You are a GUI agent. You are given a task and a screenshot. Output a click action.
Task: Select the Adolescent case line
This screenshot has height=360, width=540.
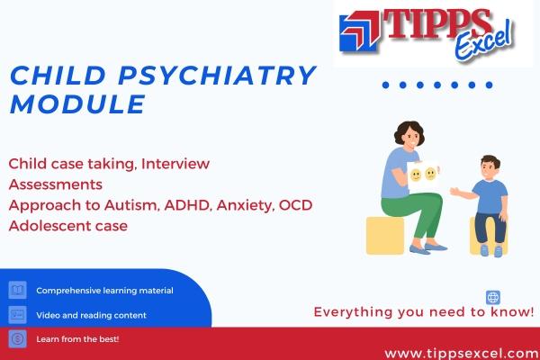68,225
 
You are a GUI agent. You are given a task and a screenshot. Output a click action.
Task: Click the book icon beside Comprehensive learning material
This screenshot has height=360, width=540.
17,291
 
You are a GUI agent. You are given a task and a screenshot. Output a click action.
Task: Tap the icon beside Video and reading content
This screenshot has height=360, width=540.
17,315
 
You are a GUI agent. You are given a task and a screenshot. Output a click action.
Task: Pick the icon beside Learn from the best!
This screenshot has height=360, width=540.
17,339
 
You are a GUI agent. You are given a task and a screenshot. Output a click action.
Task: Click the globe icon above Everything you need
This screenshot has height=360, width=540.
492,297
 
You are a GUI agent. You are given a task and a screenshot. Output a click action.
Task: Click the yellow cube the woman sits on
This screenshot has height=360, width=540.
386,234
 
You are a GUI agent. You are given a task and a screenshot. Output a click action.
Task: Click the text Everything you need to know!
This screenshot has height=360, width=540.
423,312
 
